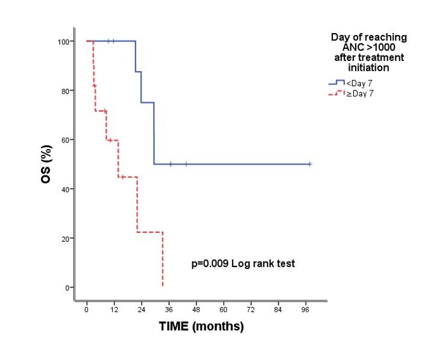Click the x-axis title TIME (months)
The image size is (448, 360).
click(x=201, y=327)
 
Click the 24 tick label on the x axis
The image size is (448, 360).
click(x=141, y=309)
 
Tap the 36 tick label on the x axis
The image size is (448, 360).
click(x=169, y=309)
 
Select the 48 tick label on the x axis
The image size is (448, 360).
click(x=196, y=309)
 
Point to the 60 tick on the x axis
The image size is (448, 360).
click(x=224, y=309)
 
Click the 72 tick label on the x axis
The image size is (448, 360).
click(x=251, y=309)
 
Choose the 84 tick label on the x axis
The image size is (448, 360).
click(x=279, y=309)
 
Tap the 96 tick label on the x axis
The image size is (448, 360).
click(x=306, y=309)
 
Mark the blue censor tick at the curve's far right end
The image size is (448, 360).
click(x=310, y=164)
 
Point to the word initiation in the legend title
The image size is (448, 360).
click(x=368, y=68)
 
